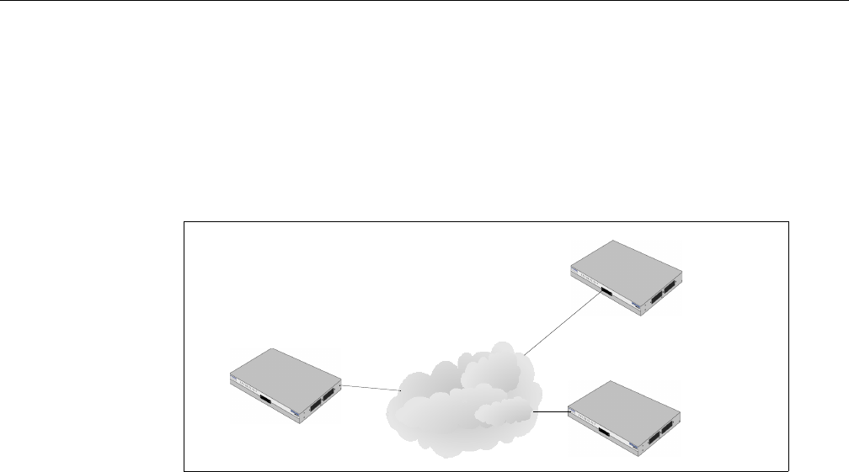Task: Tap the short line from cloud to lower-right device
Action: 552,412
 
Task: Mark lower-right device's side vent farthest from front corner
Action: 669,427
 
